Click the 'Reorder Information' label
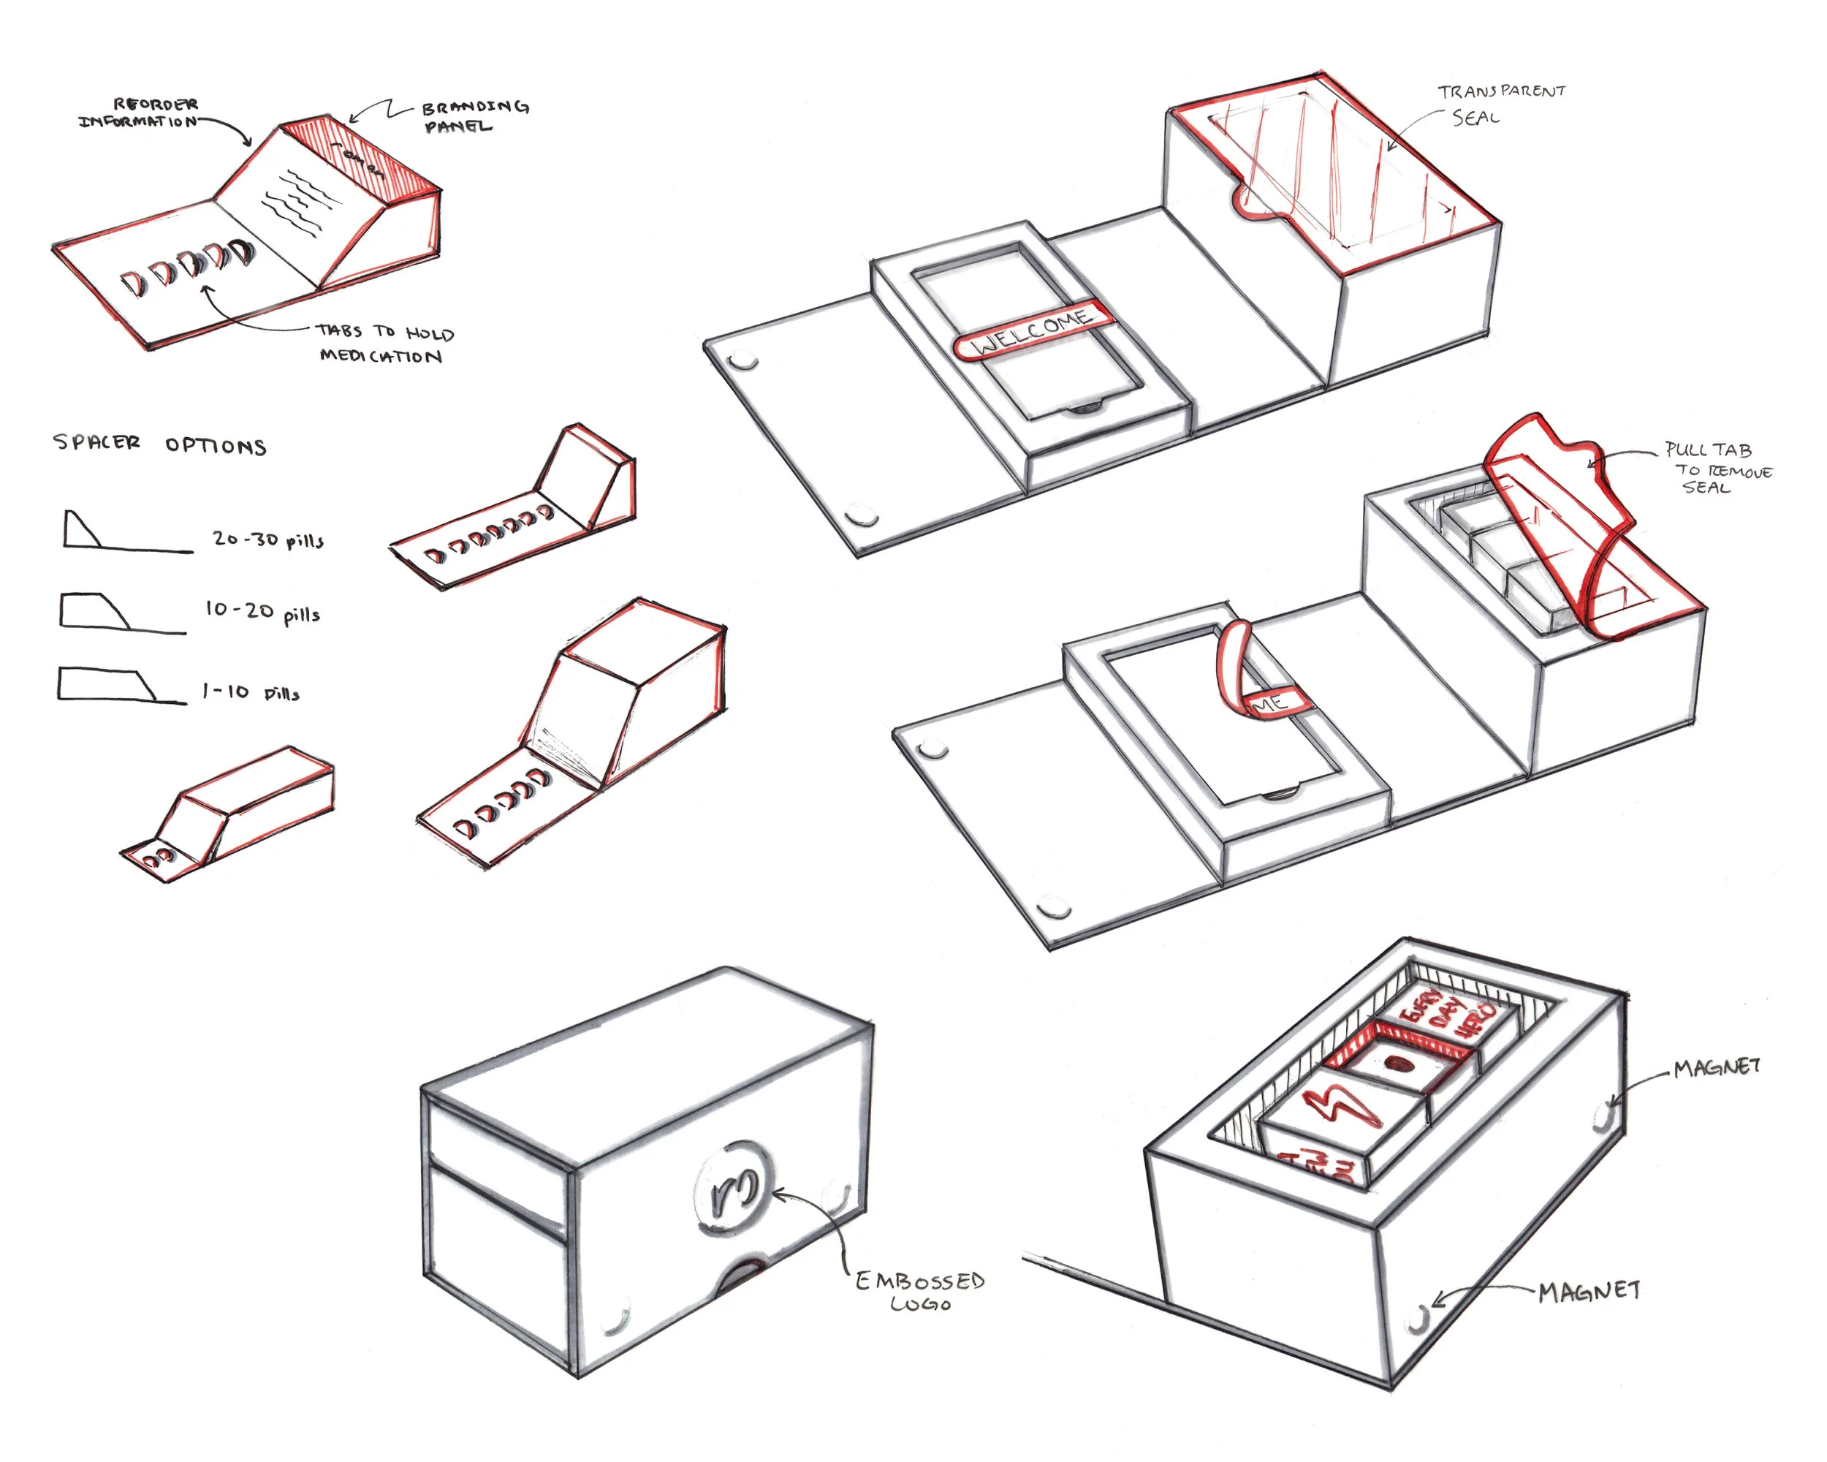click(140, 112)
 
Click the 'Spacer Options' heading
click(159, 444)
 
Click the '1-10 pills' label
click(250, 692)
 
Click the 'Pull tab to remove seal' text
click(1716, 468)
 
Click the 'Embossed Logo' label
click(919, 1291)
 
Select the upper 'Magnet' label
click(1716, 1067)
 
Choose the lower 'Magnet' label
click(1589, 1291)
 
